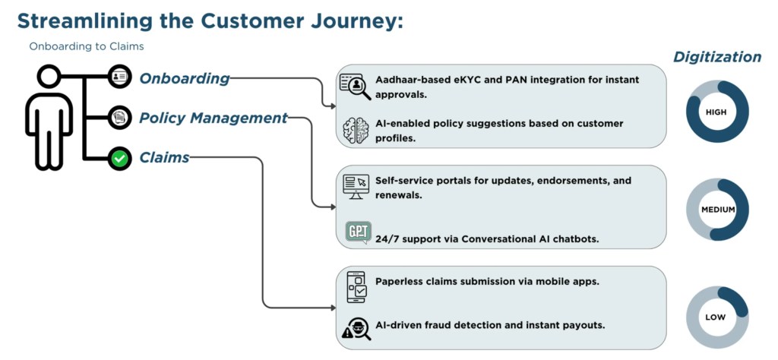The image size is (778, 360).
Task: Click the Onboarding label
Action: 184,78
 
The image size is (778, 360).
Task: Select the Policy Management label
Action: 213,118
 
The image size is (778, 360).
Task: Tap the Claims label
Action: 164,158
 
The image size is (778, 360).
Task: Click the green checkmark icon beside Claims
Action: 119,159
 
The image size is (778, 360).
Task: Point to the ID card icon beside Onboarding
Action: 119,77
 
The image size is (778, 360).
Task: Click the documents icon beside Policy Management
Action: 119,118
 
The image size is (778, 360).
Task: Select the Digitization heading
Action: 716,57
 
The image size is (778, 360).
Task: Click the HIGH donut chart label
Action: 716,112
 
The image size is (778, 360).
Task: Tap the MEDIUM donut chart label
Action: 716,210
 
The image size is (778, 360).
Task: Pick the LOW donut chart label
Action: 716,317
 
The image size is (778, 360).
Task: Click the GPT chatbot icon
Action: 357,232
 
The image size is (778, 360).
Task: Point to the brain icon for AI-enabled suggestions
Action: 356,130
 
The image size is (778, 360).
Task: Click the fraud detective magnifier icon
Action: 356,327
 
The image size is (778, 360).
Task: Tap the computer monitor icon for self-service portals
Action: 356,186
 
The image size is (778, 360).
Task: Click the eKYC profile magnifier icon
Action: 355,86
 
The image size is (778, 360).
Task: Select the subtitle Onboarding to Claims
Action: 87,46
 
